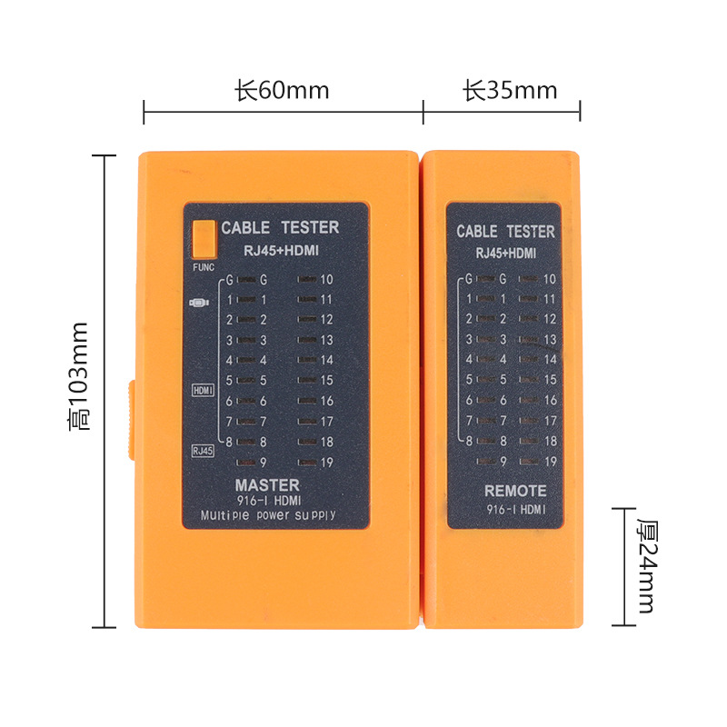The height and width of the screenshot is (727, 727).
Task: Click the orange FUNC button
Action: (x=204, y=238)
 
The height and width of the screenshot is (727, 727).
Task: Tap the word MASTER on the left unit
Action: (x=267, y=485)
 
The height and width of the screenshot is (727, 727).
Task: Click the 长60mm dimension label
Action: (x=282, y=91)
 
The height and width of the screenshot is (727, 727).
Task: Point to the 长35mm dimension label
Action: (x=510, y=91)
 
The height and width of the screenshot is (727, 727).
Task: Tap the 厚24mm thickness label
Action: (x=646, y=565)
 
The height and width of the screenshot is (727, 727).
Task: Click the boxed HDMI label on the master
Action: (x=203, y=390)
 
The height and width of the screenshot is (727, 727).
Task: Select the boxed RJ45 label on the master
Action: (x=203, y=450)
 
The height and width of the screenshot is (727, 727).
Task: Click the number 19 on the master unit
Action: (x=326, y=462)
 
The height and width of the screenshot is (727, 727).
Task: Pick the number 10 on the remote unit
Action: (x=549, y=279)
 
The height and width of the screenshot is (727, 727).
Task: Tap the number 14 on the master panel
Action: (x=326, y=360)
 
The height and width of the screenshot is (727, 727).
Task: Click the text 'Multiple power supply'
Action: (x=267, y=515)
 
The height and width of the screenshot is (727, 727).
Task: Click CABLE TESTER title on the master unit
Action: (x=280, y=227)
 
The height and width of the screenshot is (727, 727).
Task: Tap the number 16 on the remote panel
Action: (x=549, y=400)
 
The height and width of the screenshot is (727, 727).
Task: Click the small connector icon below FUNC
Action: (x=199, y=302)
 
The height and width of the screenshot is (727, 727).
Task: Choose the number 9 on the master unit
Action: (x=264, y=462)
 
